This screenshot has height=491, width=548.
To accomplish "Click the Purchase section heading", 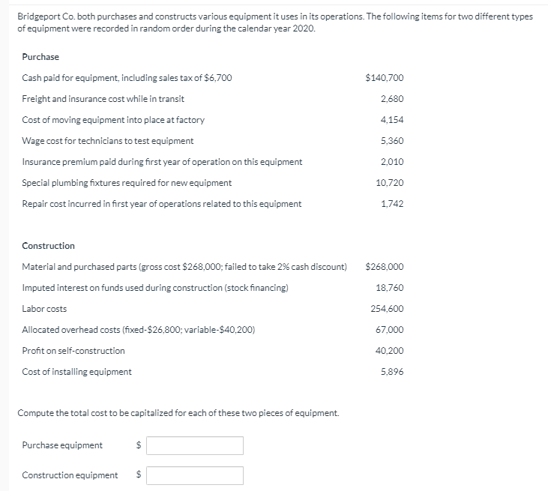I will tap(40, 57).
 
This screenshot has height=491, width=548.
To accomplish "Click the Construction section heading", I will tap(49, 246).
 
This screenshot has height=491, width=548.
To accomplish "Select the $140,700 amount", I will tap(384, 78).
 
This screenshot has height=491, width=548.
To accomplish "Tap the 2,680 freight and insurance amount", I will tap(392, 99).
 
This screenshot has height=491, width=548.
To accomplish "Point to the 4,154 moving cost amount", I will tap(392, 120).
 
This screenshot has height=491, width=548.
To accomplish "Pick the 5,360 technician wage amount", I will tap(392, 141).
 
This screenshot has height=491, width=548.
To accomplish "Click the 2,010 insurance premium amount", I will tap(392, 162).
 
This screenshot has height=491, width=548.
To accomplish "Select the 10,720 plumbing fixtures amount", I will tap(390, 183).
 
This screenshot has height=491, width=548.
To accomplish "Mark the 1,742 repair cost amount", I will tap(392, 204).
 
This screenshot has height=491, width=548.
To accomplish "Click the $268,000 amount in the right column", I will tap(384, 267).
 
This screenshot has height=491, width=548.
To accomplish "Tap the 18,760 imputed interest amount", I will tap(390, 288).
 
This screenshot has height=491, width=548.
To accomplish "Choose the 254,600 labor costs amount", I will tap(388, 309).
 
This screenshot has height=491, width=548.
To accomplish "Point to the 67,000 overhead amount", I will tap(390, 330).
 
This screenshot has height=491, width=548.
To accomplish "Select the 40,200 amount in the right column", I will tap(390, 351).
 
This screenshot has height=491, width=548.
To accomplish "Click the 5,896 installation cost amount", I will tap(392, 372).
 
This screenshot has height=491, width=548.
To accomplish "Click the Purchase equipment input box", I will tap(195, 445).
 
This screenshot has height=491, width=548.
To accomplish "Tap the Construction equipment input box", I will tap(195, 475).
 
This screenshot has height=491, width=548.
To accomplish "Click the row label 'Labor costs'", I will tap(44, 309).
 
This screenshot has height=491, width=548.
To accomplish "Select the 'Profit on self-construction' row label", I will tap(73, 351).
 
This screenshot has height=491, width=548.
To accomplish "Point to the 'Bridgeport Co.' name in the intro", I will tap(42, 16).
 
